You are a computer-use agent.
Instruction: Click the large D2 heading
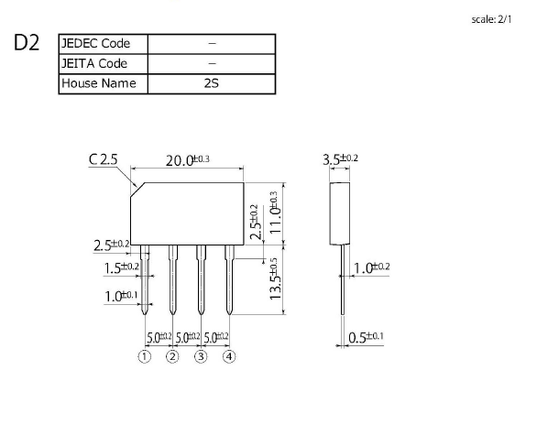click(27, 43)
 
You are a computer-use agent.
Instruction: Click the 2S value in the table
click(212, 83)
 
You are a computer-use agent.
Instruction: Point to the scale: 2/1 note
click(491, 19)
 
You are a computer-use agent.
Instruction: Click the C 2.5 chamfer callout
click(103, 159)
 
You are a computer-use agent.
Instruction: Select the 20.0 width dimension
click(187, 160)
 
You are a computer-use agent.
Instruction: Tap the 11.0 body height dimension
click(275, 212)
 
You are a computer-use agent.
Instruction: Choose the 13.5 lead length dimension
click(275, 278)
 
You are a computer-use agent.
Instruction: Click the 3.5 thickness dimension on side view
click(340, 159)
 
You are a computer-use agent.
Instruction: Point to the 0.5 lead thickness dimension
click(366, 337)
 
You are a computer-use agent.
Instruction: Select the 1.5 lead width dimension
click(122, 268)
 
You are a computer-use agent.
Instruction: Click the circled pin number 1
click(145, 356)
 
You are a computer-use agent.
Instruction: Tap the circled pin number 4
click(229, 356)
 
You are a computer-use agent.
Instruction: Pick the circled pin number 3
click(201, 356)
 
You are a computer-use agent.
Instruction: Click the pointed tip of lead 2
click(173, 314)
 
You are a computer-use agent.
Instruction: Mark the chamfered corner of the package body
click(137, 190)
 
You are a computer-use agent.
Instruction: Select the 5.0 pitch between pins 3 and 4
click(216, 338)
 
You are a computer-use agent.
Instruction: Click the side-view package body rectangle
click(340, 213)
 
